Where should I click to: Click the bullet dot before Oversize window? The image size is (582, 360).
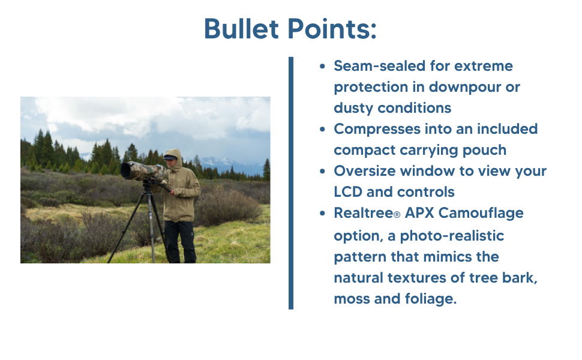coord(323,172)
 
